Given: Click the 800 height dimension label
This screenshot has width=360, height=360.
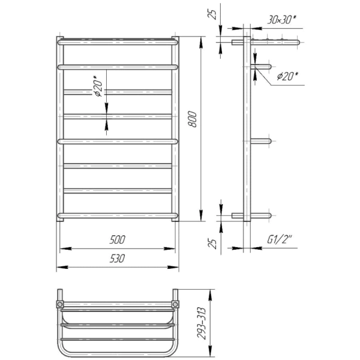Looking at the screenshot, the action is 193,119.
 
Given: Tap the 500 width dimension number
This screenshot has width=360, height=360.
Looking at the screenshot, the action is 118,239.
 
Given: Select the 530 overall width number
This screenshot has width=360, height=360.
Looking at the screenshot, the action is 117,259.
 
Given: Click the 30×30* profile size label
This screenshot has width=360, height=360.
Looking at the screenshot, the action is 281,20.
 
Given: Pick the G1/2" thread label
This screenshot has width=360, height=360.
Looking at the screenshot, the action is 279,240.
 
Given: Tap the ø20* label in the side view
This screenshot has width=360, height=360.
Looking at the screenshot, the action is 287,76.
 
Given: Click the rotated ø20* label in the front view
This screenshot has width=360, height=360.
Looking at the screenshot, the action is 98,86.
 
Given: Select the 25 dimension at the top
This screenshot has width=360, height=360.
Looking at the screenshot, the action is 212,14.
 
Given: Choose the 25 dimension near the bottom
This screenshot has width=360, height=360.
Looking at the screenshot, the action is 213,244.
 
